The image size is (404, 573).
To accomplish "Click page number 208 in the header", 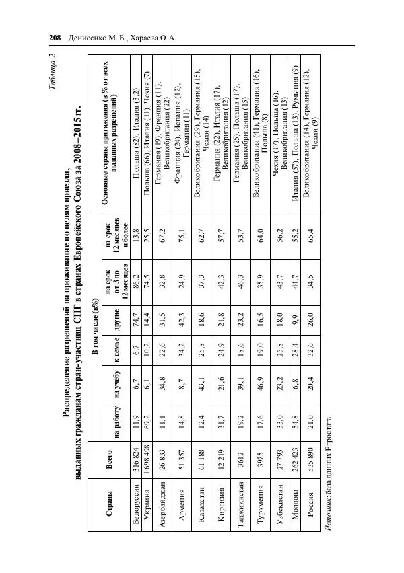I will pos(55,38).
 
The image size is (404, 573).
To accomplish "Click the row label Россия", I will pos(312,515).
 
